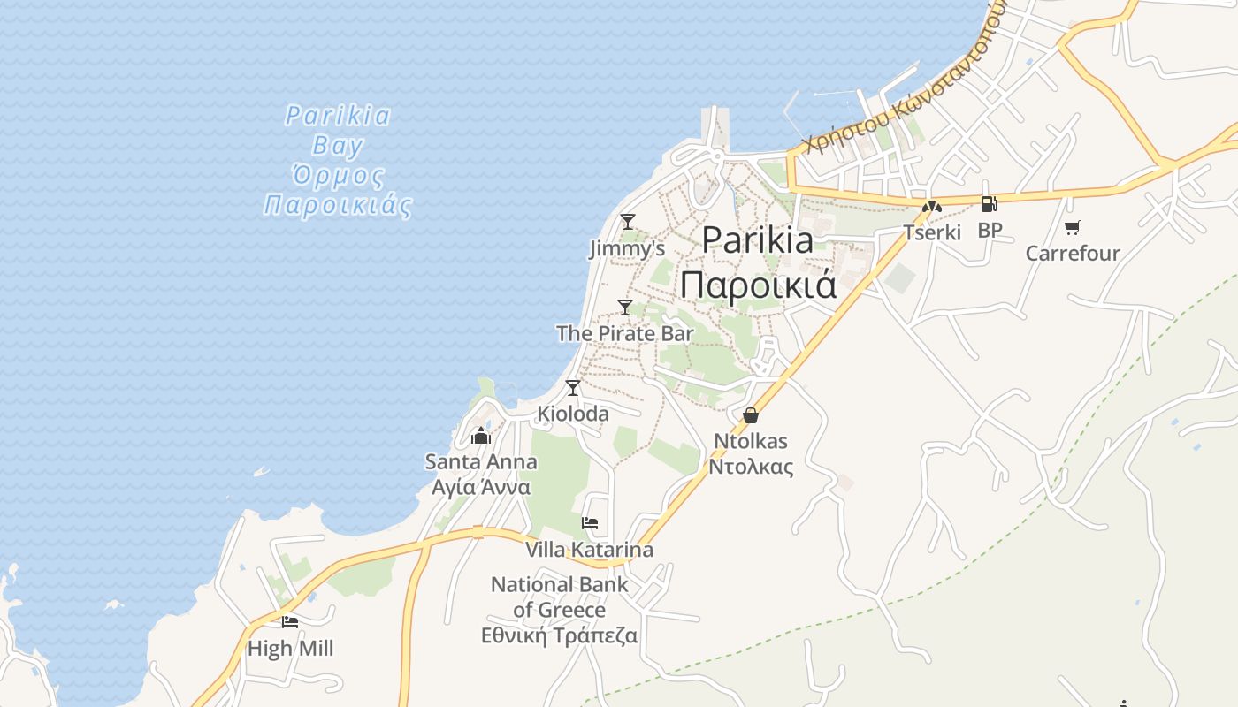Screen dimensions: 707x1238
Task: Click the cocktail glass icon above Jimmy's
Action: point(628,221)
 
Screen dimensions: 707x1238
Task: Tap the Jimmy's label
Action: point(627,249)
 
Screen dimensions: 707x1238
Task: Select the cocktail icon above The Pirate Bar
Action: point(625,307)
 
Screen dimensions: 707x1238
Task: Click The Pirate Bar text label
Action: point(624,333)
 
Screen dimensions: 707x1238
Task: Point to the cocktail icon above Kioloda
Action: point(573,387)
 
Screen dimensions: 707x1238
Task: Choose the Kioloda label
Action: point(573,414)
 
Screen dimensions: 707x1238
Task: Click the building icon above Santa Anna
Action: point(481,435)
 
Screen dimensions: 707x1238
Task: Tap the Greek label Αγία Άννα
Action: point(481,487)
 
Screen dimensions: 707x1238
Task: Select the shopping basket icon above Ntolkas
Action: point(751,414)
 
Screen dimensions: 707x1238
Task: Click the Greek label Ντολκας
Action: point(751,467)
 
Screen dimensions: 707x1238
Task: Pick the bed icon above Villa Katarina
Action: point(590,523)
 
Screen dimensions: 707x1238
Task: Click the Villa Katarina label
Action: point(590,550)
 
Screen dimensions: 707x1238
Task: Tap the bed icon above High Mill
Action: point(290,621)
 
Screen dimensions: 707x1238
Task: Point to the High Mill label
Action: point(290,649)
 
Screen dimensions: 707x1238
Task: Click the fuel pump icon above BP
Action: point(989,204)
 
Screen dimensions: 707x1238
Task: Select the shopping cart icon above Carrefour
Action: point(1073,228)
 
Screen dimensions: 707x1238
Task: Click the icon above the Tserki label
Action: point(931,208)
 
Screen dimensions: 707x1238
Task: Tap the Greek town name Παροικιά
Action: point(758,285)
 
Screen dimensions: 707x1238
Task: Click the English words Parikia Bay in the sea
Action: point(338,129)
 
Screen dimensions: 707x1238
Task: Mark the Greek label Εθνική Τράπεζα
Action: point(559,635)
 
